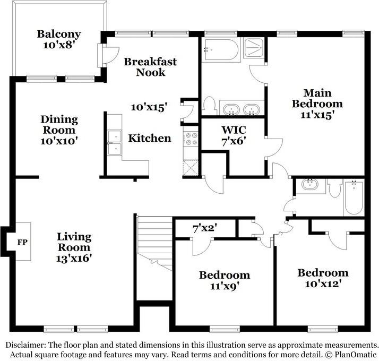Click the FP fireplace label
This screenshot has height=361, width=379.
point(22,242)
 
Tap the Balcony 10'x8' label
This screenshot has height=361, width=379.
point(59,39)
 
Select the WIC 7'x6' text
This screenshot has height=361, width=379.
point(234,135)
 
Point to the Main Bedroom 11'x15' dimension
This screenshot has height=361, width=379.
point(317,115)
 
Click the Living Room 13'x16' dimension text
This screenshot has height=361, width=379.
point(74,258)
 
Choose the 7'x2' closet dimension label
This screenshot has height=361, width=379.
point(204,228)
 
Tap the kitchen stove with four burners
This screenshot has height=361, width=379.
point(191,139)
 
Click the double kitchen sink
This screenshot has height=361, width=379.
point(114,143)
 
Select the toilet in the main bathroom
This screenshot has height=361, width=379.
point(210,106)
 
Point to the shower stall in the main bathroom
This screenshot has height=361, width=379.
point(253,48)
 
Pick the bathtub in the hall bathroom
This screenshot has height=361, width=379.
point(354,197)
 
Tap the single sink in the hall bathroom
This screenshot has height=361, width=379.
point(310,185)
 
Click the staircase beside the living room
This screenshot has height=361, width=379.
point(154,244)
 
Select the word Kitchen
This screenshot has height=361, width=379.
point(150,139)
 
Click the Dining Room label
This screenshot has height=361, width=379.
point(59,125)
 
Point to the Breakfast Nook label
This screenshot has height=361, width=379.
point(150,67)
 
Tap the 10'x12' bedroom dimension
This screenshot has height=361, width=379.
point(323,283)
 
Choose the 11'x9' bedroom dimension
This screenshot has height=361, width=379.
point(225,286)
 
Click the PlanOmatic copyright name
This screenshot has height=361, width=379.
point(355,355)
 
